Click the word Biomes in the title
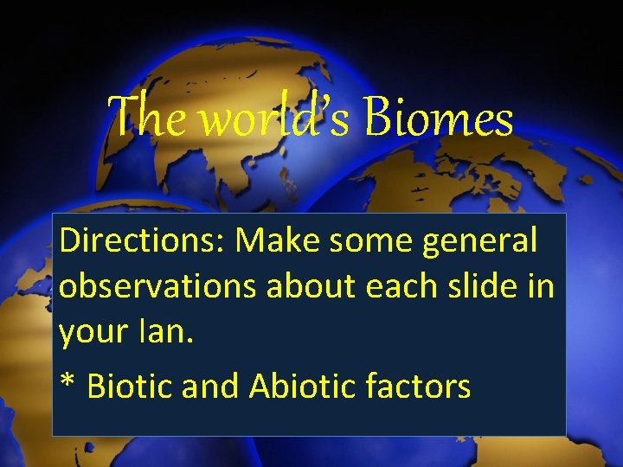[439, 118]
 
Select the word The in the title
[147, 118]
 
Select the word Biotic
[130, 386]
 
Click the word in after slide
[539, 285]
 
